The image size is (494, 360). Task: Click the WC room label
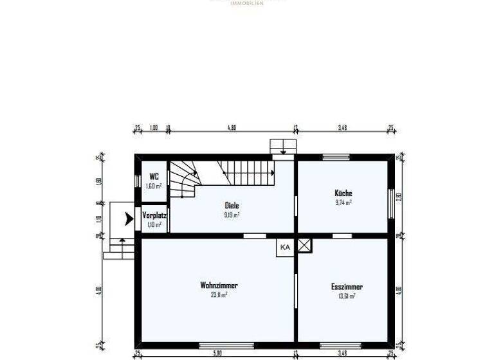[x=154, y=176]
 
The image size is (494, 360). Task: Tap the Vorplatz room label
[x=154, y=215]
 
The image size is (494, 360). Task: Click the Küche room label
[x=343, y=193]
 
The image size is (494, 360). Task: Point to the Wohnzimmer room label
[x=215, y=285]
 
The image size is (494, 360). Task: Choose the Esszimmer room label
[x=347, y=287]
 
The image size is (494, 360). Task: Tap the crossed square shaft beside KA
[x=304, y=244]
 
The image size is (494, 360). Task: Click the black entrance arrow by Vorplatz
[x=129, y=219]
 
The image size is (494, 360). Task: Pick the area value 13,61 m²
[x=347, y=296]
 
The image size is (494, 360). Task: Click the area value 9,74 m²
[x=343, y=202]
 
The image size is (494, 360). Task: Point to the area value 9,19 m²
[x=232, y=215]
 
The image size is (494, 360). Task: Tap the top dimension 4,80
[x=232, y=128]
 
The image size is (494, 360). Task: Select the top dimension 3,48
[x=342, y=128]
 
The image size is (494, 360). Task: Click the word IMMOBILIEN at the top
[x=246, y=3]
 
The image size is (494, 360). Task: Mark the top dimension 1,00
[x=153, y=128]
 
